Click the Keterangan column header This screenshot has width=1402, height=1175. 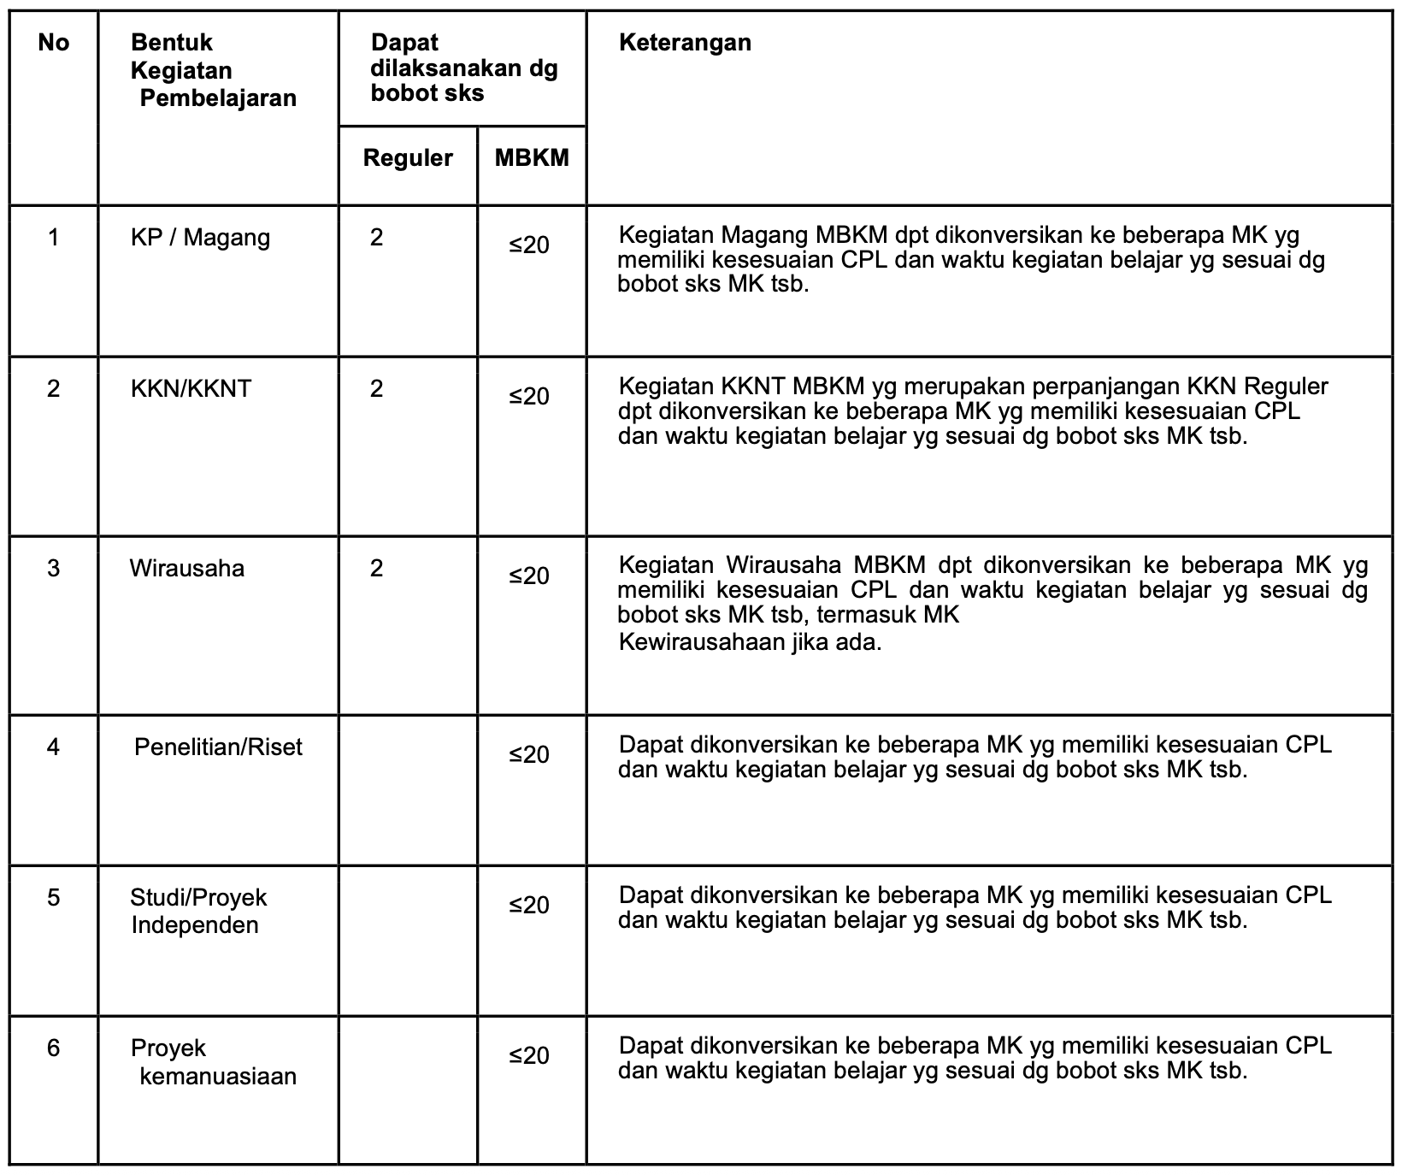(x=685, y=43)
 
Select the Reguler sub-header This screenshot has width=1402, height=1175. (x=408, y=158)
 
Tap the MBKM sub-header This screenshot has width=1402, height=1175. (x=532, y=158)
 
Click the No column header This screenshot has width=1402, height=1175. (x=53, y=43)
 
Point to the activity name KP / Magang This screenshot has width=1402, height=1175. (x=200, y=238)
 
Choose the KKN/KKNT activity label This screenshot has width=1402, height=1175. (x=191, y=389)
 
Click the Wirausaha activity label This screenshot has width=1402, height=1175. (x=186, y=569)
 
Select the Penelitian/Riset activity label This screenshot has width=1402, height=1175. (x=218, y=747)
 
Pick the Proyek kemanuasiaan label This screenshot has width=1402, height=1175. (x=214, y=1062)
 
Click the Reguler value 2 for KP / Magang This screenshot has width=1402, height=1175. (x=376, y=238)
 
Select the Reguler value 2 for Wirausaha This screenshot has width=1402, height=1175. (x=376, y=569)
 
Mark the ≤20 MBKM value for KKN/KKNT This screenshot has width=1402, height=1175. (x=529, y=397)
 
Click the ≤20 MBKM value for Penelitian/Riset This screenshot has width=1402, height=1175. (x=529, y=755)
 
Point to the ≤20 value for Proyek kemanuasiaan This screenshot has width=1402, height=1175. (x=529, y=1056)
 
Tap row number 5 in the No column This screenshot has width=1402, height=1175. (x=53, y=898)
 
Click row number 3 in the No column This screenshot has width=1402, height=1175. (x=53, y=569)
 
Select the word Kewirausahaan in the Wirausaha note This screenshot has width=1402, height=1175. (x=699, y=642)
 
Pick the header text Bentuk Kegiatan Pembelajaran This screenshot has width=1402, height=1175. (x=214, y=70)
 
